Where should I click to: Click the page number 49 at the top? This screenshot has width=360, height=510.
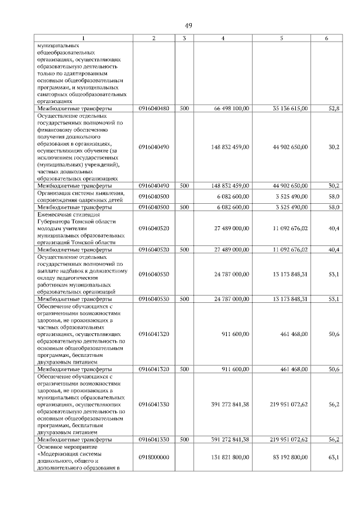click(x=188, y=25)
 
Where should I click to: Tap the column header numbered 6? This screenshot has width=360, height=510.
click(x=327, y=38)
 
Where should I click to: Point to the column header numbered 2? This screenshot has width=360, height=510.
click(x=154, y=38)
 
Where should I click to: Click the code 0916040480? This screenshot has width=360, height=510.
click(x=154, y=108)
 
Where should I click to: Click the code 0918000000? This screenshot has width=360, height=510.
click(x=154, y=457)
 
